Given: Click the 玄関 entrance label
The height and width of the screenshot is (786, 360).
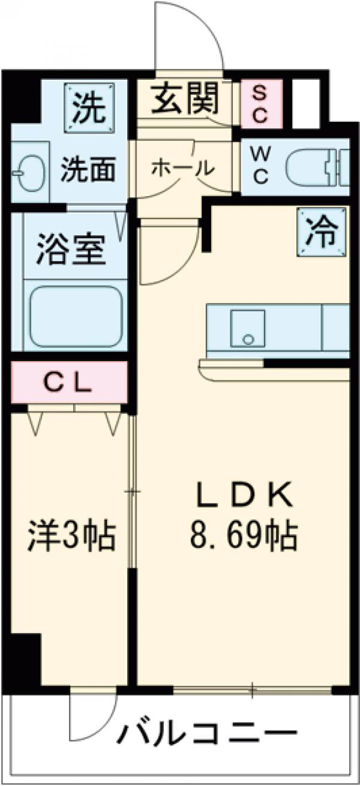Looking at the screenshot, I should (184, 100).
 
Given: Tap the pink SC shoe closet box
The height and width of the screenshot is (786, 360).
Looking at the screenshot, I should (261, 104).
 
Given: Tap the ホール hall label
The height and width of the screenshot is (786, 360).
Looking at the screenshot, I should (182, 169).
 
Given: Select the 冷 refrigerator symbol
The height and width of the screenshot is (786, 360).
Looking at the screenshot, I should (322, 232).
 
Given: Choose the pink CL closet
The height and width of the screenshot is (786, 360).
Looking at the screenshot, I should (69, 382).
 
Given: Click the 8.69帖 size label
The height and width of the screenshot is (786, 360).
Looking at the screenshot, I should (244, 535).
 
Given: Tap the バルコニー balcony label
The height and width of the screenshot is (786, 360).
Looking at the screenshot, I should (206, 734).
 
